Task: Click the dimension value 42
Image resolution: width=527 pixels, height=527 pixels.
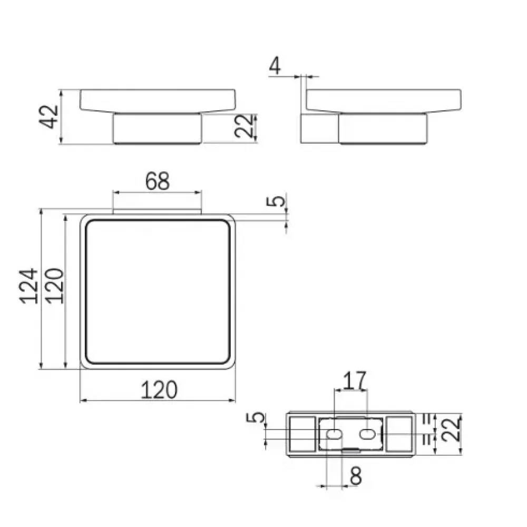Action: [x=49, y=116]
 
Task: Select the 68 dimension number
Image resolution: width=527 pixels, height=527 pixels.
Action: [x=157, y=181]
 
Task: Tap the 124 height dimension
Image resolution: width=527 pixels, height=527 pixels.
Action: [x=29, y=286]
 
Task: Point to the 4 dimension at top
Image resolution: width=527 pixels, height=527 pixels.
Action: [x=275, y=66]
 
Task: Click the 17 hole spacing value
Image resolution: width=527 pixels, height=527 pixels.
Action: [x=355, y=380]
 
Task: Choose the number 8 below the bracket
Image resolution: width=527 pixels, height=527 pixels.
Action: [x=356, y=476]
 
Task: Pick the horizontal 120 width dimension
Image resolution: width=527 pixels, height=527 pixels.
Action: [x=159, y=390]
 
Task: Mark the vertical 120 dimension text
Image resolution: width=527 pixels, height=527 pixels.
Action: [x=54, y=286]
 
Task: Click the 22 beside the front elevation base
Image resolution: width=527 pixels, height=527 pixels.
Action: [x=243, y=126]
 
